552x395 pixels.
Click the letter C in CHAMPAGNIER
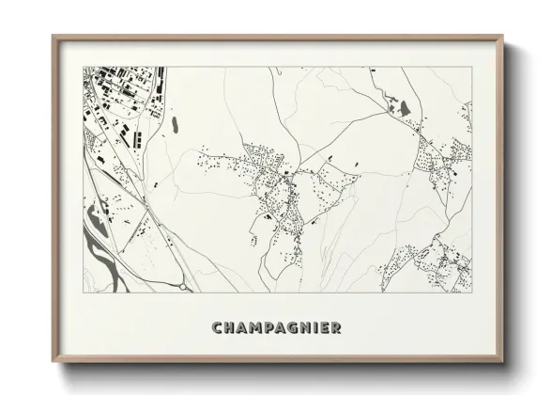coord(218,328)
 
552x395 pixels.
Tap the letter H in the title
coord(231,328)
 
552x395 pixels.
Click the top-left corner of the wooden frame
coord(53,37)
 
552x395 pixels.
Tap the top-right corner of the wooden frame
coord(503,37)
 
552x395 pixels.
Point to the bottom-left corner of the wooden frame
coord(53,363)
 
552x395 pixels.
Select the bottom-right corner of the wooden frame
coord(503,363)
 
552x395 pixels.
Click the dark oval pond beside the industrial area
coord(174,123)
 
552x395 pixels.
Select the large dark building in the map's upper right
coord(405,109)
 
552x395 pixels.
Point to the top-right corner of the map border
coord(473,67)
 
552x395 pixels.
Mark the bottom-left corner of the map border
coord(84,293)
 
